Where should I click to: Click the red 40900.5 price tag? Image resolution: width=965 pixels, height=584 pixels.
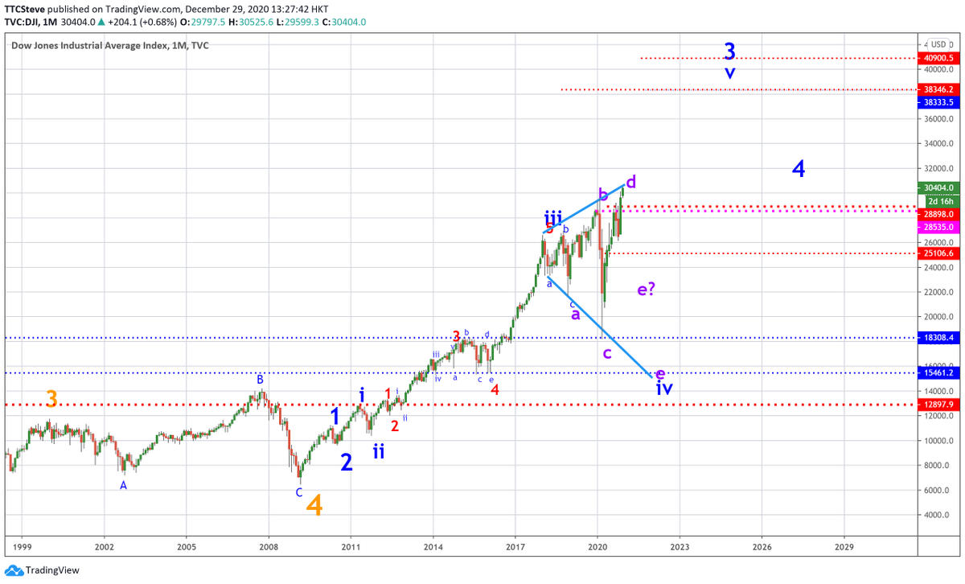click(x=938, y=58)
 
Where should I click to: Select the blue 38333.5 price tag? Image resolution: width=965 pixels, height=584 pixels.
click(x=938, y=102)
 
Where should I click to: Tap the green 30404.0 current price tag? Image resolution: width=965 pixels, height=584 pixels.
click(x=938, y=187)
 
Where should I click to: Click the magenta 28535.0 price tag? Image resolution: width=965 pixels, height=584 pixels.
click(x=938, y=228)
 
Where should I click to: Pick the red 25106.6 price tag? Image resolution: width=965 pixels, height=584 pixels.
click(x=938, y=253)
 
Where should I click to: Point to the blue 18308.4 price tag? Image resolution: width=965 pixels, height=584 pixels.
click(x=938, y=339)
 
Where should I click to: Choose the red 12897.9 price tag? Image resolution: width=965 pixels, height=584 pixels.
click(x=938, y=404)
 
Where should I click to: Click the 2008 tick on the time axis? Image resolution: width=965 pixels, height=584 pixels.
click(x=269, y=545)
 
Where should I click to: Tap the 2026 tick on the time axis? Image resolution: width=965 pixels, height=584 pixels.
click(x=762, y=545)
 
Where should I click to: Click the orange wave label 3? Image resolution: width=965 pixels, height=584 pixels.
click(x=51, y=399)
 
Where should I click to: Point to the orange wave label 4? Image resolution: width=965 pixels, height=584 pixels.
click(x=314, y=505)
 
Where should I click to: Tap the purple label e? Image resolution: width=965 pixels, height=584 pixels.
click(x=647, y=290)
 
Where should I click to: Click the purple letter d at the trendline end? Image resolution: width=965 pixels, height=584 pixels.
click(x=631, y=183)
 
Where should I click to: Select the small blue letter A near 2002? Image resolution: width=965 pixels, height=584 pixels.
click(x=123, y=485)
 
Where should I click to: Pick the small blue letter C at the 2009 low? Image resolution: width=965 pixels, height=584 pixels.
click(x=299, y=492)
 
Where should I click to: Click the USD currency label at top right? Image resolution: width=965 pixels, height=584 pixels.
click(x=938, y=44)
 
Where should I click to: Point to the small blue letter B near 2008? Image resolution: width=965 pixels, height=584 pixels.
click(x=260, y=379)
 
